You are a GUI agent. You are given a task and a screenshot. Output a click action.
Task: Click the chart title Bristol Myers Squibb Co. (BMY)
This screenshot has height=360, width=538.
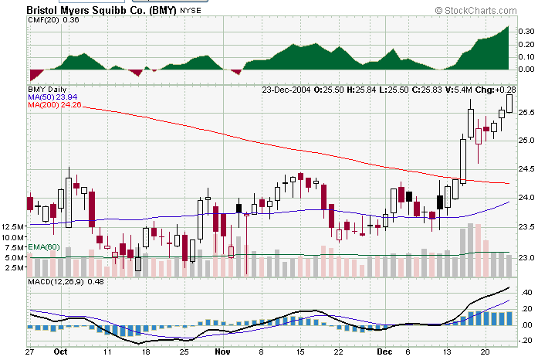[101, 10]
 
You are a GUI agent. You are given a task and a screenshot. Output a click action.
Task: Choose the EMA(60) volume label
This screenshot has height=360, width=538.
[43, 246]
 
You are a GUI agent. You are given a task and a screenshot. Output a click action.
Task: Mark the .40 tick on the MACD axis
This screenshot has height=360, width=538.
[527, 293]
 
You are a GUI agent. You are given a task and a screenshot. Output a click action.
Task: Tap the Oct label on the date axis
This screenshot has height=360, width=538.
[60, 351]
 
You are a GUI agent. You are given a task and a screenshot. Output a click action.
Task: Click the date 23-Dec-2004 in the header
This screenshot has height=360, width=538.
[286, 90]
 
